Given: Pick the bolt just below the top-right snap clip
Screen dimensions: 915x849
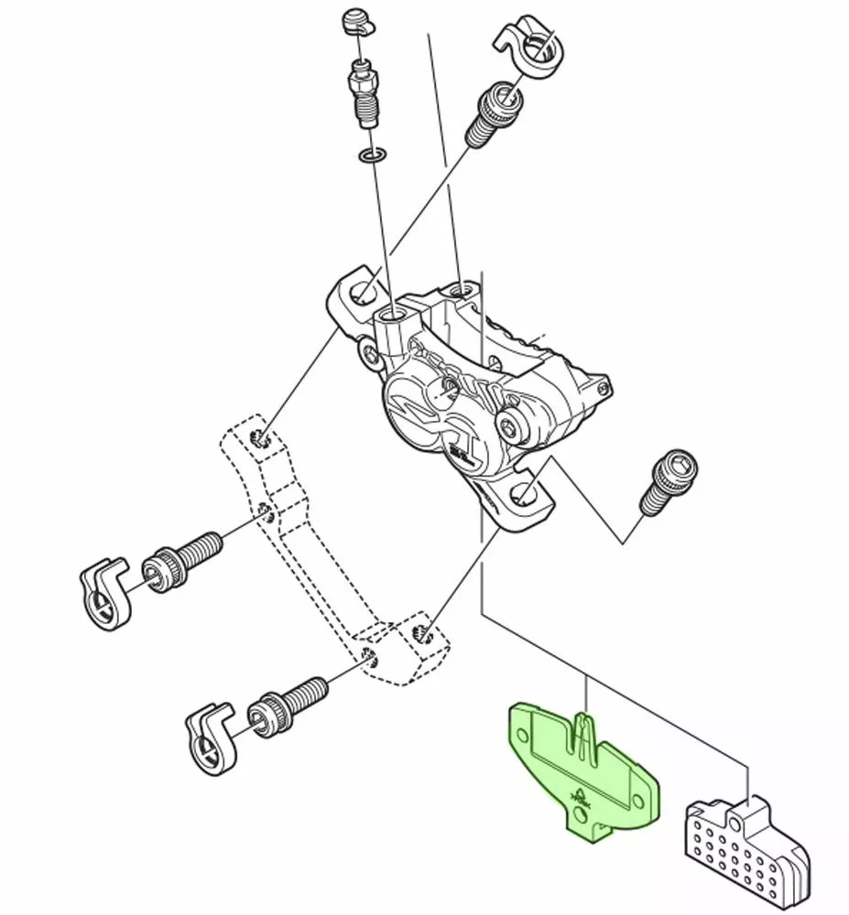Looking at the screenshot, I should click(491, 115).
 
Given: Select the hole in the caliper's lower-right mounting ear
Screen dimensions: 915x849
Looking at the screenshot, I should click(522, 494).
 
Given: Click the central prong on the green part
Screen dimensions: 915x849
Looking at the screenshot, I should click(582, 732).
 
